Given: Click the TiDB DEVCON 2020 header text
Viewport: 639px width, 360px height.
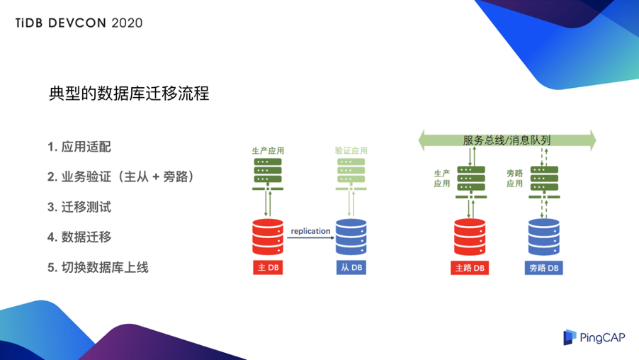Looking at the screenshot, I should coord(79,22).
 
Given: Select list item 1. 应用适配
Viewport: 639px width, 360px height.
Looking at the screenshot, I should coord(79,147).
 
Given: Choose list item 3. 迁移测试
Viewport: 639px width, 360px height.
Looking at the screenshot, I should coord(79,208).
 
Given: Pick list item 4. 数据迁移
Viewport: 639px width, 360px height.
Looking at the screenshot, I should coord(79,237).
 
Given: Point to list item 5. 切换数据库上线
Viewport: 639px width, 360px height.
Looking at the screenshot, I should coord(98,267).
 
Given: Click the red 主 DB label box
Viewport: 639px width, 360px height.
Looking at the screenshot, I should coord(268,267).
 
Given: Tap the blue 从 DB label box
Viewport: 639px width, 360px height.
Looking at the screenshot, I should coord(351,267).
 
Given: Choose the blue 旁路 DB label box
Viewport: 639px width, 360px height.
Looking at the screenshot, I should coord(545,268).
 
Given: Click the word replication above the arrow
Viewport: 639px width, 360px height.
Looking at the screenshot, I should coord(310,230).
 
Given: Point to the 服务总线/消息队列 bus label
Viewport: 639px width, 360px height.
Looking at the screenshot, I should coord(507,140).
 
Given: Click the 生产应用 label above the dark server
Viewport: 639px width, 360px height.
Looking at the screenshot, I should coord(268,151).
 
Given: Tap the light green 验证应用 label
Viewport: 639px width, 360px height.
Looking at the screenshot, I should coord(351,151).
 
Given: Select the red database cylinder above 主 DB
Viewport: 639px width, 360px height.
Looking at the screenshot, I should coord(268,237).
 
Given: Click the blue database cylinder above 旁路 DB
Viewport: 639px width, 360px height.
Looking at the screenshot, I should coord(545,237).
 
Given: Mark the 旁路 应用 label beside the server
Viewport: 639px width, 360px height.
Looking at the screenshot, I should coord(514,178).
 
